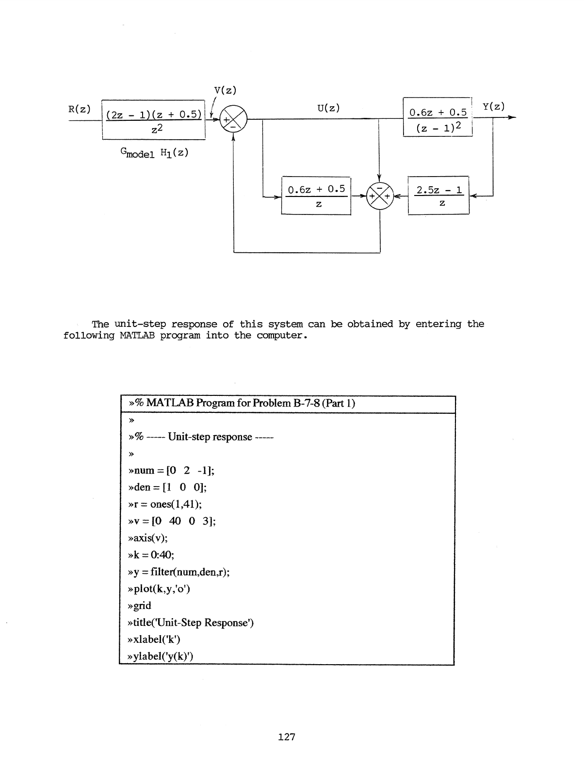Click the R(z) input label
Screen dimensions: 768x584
(x=79, y=109)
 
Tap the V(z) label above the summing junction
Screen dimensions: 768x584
(x=225, y=90)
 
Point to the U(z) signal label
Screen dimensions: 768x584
(x=328, y=108)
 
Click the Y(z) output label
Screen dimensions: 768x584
(x=494, y=106)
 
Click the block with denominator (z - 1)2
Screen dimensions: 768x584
(x=438, y=117)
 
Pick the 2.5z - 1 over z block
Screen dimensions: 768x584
(x=438, y=196)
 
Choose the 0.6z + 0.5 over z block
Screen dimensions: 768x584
(x=316, y=196)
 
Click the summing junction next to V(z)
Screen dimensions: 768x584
(x=233, y=118)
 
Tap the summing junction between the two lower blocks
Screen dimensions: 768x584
(x=380, y=196)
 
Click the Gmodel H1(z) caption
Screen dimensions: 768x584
(x=154, y=153)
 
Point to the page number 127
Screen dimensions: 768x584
(x=287, y=737)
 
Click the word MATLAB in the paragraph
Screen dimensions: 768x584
(x=136, y=336)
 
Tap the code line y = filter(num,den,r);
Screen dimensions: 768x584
(x=178, y=572)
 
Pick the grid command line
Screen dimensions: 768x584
(x=139, y=605)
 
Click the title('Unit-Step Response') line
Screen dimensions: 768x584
(x=190, y=622)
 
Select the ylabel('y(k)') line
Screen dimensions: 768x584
(x=160, y=656)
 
